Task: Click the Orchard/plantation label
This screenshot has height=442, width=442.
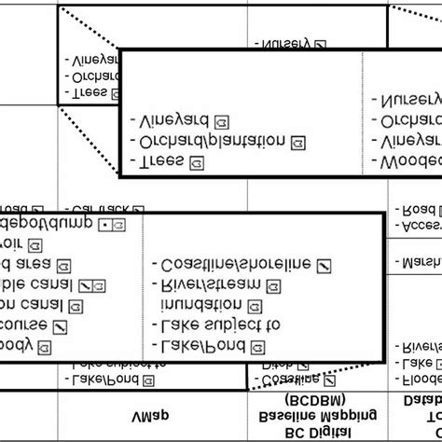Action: (214, 142)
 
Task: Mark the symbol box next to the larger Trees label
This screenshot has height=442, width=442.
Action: (197, 162)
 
